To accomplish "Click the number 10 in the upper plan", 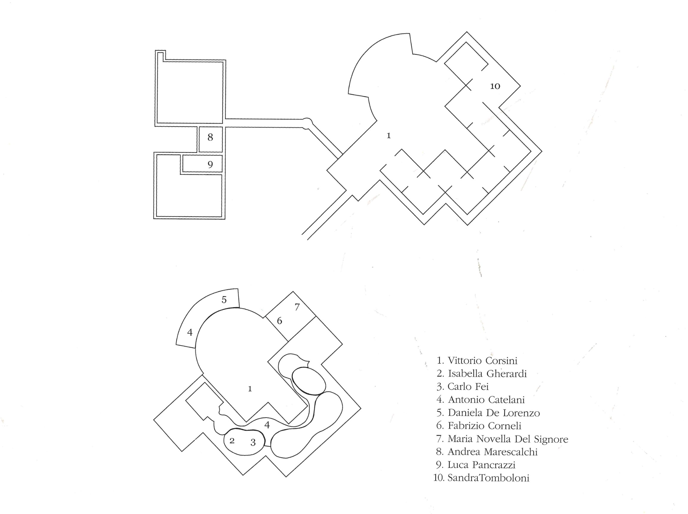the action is pyautogui.click(x=495, y=86).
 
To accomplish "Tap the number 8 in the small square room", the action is pyautogui.click(x=211, y=137).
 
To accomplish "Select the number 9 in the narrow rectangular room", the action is pyautogui.click(x=211, y=164).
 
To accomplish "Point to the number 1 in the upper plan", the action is pyautogui.click(x=388, y=136).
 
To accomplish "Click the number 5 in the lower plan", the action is pyautogui.click(x=224, y=300).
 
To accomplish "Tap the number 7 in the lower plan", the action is pyautogui.click(x=297, y=307).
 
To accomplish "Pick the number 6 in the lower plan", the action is pyautogui.click(x=279, y=321).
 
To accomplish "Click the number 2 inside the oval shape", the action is pyautogui.click(x=232, y=440).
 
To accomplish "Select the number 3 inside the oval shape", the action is pyautogui.click(x=253, y=442).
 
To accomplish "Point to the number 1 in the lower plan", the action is pyautogui.click(x=250, y=389).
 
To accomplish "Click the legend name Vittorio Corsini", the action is pyautogui.click(x=482, y=361).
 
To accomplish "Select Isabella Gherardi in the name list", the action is pyautogui.click(x=487, y=374).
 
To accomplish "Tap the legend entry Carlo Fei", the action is pyautogui.click(x=468, y=387).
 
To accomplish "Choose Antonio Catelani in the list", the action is pyautogui.click(x=486, y=400).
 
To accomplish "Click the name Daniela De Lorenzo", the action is pyautogui.click(x=494, y=413).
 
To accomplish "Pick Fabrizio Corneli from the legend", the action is pyautogui.click(x=484, y=426).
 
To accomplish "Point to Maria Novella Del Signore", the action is pyautogui.click(x=508, y=439).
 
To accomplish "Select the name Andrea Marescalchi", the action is pyautogui.click(x=493, y=452).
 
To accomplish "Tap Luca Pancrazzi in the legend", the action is pyautogui.click(x=481, y=465).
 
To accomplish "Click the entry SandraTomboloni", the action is pyautogui.click(x=488, y=478).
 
